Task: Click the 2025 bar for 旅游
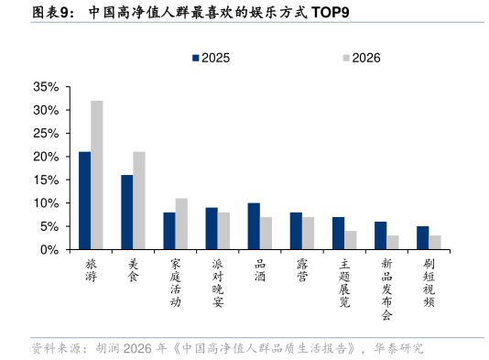point(84,201)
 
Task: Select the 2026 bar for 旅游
point(96,175)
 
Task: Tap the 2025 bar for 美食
point(126,212)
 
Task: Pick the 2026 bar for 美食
point(138,201)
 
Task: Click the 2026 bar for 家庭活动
point(181,224)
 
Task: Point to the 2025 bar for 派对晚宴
point(212,228)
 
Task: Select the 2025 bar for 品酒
point(254,226)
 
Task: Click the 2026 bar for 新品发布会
point(393,242)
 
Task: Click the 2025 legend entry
point(211,58)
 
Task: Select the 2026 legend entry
point(361,58)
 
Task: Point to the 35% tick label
point(46,87)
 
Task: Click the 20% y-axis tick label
point(46,157)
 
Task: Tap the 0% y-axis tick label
point(50,249)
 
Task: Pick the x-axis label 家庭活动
point(176,281)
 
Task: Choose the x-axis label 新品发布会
point(386,288)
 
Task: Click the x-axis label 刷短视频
point(429,281)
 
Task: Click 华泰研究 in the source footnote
point(400,349)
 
